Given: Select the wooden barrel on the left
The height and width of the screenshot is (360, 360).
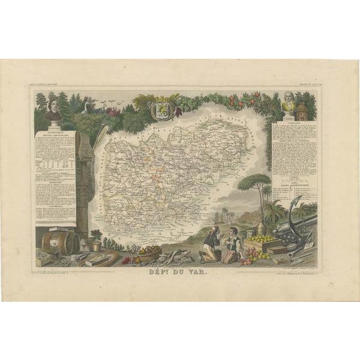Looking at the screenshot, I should pyautogui.click(x=61, y=242).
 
